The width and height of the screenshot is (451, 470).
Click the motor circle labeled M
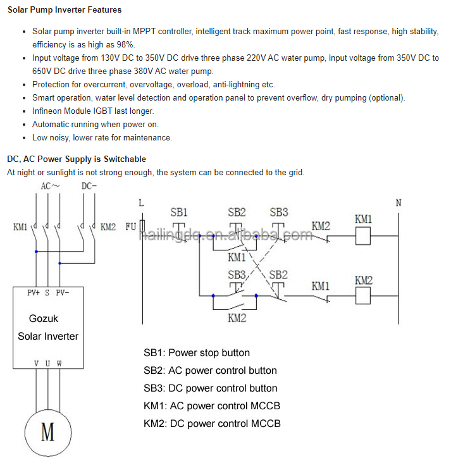point(25,433)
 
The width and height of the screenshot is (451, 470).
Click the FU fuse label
point(131,226)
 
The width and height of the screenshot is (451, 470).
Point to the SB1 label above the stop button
point(179,213)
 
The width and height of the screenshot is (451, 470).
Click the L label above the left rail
point(141,203)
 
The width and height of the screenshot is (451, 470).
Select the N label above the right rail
point(398,203)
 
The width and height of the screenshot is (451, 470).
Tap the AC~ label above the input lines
point(51,186)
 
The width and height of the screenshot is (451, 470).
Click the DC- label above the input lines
point(89,186)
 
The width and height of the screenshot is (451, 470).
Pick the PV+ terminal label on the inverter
point(34,292)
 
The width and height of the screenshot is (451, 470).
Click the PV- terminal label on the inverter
point(63,292)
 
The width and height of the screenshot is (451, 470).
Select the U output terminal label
point(47,364)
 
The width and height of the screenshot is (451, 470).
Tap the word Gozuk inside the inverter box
point(44,318)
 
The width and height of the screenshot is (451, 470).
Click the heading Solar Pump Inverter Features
point(65,10)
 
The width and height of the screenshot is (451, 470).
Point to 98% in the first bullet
point(125,45)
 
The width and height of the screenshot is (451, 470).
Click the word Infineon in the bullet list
point(47,111)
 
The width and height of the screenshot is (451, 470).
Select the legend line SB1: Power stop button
point(197,353)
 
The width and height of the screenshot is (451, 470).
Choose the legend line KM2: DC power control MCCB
point(212,424)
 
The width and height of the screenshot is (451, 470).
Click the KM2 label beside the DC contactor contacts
point(108,227)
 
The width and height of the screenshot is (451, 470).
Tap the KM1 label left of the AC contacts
point(20,227)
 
